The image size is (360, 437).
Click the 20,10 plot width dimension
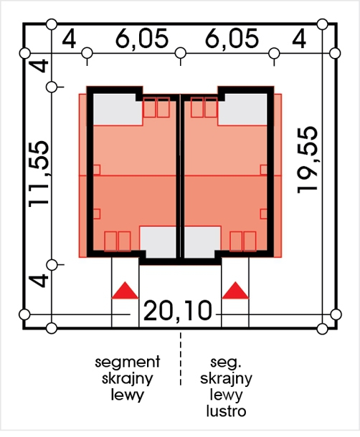point(178,310)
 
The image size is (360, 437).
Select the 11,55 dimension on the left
point(39,174)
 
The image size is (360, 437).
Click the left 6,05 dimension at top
point(142,39)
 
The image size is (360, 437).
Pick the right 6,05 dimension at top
point(232,39)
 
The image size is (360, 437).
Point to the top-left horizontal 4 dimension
point(69,39)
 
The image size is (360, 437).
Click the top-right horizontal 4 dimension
point(299,39)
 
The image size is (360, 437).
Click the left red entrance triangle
point(125,290)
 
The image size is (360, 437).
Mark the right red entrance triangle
point(235,290)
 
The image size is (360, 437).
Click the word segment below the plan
point(128,362)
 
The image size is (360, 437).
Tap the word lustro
point(227,410)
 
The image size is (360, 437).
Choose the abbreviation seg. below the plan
point(225,362)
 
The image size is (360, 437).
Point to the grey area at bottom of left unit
point(158,242)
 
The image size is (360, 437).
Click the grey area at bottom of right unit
point(202,242)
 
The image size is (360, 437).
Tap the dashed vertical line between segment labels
point(181,359)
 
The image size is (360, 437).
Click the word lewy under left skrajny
point(127,395)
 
